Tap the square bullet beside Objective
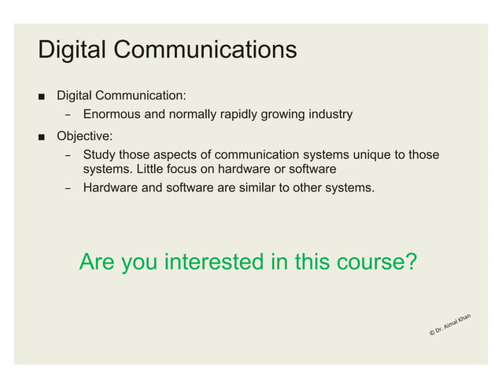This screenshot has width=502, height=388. tap(39, 135)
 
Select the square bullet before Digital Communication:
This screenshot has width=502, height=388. tap(39, 97)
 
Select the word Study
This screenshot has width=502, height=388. tap(99, 154)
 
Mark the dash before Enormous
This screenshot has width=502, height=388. tap(68, 116)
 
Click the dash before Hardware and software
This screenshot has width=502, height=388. tap(68, 189)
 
